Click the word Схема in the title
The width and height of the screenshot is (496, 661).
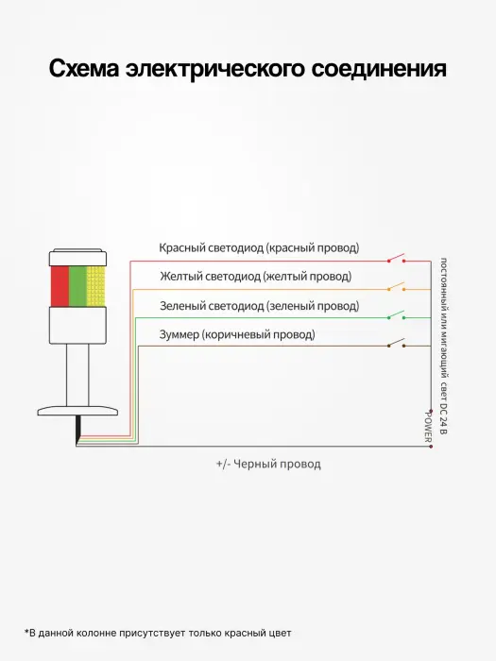(x=84, y=69)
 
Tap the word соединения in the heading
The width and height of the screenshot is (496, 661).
(x=378, y=69)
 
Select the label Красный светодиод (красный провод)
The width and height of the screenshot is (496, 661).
(x=259, y=247)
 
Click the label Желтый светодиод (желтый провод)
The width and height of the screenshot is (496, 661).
(x=256, y=277)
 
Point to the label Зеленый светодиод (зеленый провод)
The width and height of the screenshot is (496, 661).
(x=260, y=306)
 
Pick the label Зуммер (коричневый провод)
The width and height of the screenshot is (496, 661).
(x=237, y=334)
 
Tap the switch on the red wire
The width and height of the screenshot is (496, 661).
(x=397, y=258)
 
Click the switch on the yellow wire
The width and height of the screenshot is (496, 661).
(x=397, y=287)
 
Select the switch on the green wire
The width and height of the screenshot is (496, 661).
(x=397, y=314)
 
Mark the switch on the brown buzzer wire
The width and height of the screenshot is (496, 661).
(x=397, y=343)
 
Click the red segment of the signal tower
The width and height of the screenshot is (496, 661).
(x=60, y=286)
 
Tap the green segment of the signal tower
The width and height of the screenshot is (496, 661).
(x=77, y=286)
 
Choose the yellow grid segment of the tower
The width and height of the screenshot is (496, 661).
(x=95, y=286)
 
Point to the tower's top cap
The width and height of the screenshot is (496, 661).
(x=77, y=258)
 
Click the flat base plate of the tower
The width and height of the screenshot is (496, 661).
(x=77, y=411)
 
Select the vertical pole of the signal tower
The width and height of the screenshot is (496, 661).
(x=77, y=375)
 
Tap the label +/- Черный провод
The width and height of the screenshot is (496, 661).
(x=268, y=465)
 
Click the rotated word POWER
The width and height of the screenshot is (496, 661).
(x=428, y=427)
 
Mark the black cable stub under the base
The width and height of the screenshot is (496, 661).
(x=78, y=430)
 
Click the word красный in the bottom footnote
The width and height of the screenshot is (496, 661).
(x=244, y=634)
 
